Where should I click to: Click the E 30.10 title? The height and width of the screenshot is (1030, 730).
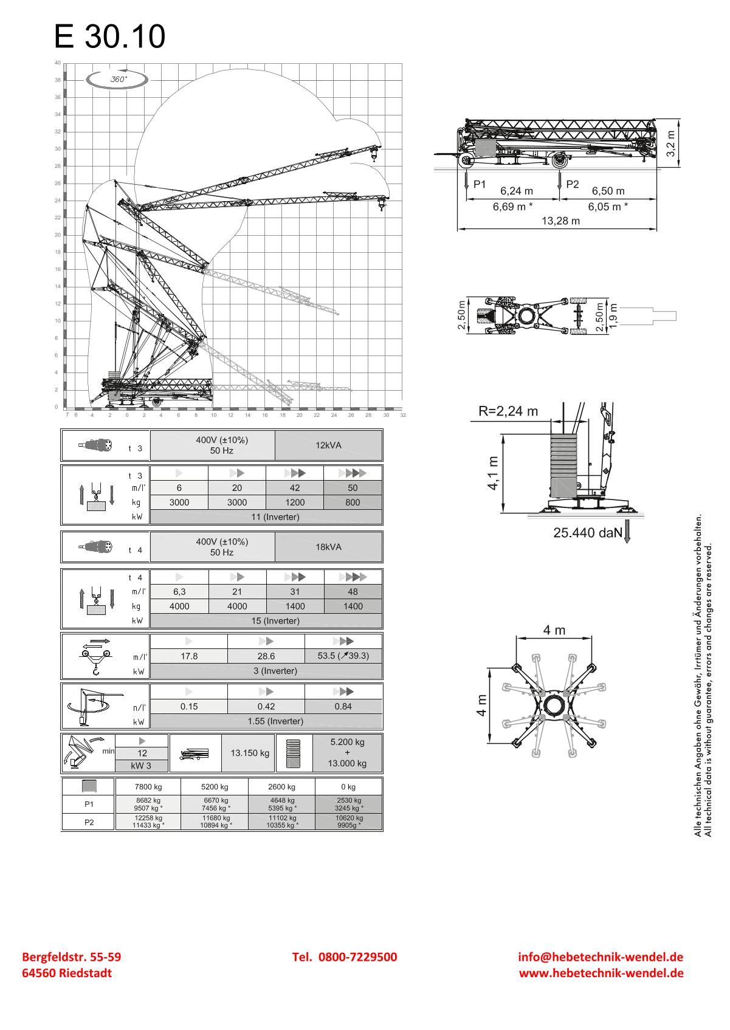[109, 36]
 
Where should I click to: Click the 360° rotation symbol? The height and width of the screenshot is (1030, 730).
[118, 80]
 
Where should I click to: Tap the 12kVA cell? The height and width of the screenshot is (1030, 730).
[328, 445]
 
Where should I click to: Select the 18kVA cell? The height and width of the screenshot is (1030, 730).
[328, 547]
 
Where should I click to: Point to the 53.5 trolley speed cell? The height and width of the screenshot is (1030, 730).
[343, 656]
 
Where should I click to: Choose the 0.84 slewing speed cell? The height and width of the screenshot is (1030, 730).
[343, 707]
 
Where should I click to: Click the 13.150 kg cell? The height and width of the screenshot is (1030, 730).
[250, 753]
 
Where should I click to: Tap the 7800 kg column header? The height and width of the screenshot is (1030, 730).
[148, 787]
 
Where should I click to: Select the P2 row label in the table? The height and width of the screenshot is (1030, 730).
[89, 822]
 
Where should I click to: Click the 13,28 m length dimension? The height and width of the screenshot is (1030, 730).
[560, 221]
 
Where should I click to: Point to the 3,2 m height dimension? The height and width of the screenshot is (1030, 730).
[670, 142]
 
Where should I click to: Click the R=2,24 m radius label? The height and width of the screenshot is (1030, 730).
[508, 411]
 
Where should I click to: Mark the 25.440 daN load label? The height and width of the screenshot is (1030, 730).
[588, 533]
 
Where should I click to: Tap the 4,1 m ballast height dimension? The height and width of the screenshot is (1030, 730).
[493, 473]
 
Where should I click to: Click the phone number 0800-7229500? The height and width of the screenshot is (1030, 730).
[345, 957]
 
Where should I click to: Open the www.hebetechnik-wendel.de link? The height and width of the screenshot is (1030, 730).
[601, 973]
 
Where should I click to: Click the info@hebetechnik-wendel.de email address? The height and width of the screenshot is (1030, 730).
[601, 957]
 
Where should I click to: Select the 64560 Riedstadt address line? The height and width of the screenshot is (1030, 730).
[67, 973]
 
